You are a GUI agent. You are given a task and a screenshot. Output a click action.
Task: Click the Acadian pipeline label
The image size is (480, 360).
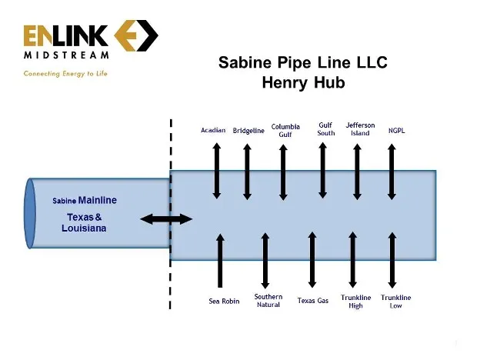pos(213,130)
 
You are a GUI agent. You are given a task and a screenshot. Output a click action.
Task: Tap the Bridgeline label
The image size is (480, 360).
pos(248,131)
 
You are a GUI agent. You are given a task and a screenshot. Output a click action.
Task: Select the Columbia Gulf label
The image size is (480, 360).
pos(285,129)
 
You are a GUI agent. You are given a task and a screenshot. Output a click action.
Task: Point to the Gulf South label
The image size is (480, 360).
pos(326,128)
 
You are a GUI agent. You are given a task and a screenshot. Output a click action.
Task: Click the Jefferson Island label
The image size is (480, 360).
pos(360,128)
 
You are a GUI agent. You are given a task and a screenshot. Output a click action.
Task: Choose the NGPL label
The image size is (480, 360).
pos(396,130)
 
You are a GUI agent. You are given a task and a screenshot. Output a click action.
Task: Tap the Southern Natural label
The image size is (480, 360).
pos(268,300)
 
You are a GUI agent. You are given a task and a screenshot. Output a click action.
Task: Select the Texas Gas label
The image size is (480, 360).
pos(313,301)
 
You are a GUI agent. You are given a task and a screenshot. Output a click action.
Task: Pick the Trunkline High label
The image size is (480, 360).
pos(355,301)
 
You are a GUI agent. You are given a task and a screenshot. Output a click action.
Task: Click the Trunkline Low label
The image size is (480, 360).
pos(396,301)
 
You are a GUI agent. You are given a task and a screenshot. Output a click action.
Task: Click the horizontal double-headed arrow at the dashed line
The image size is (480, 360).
pos(166,220)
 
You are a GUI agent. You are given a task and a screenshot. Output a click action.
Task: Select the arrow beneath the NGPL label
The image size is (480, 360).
pos(392,171)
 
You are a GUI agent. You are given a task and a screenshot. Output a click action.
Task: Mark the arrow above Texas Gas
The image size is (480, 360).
pos(312,260)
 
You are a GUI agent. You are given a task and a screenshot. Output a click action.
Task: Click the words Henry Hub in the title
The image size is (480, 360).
pos(302,82)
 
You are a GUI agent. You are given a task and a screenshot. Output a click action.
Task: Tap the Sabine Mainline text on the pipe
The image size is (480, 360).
pos(85,201)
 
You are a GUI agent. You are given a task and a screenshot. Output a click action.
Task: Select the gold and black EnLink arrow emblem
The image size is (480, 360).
pos(136,36)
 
